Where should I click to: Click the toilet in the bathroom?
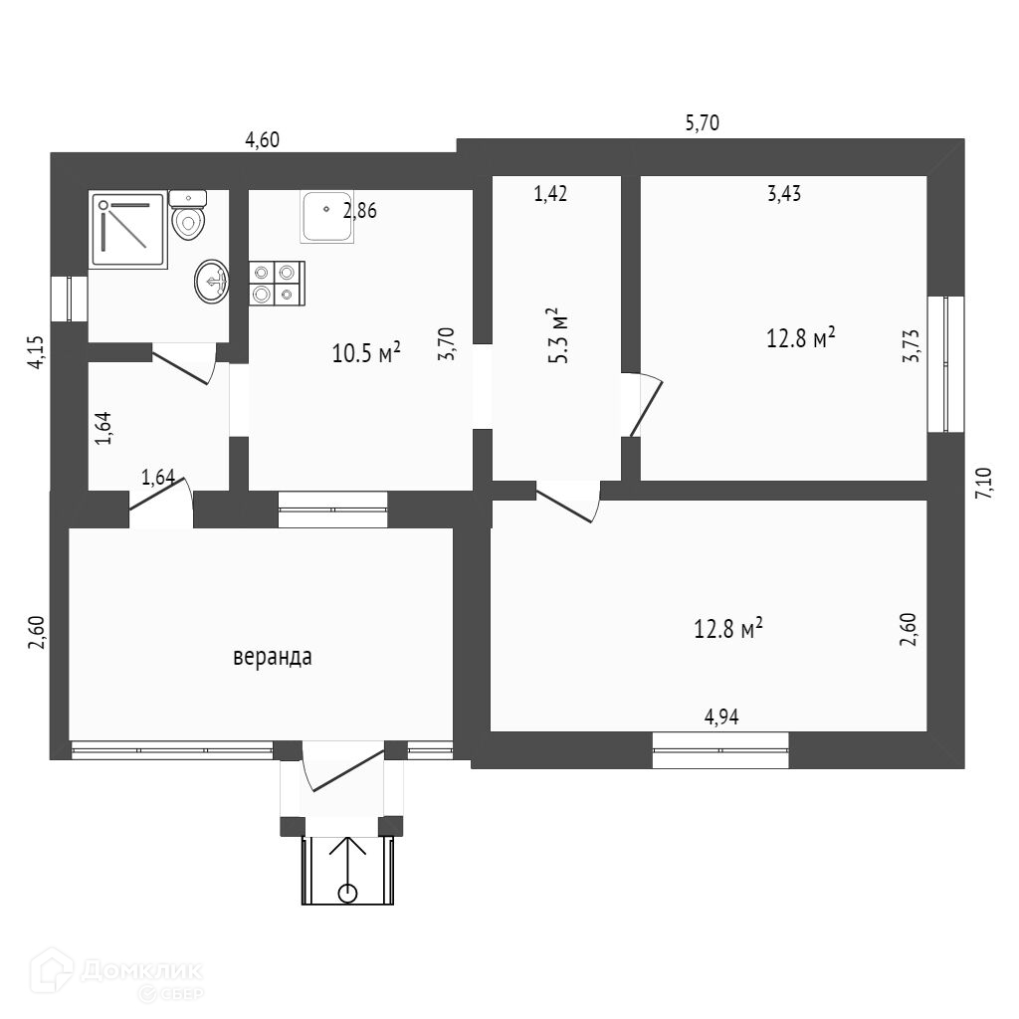coord(188,215)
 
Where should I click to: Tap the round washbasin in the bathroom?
coord(211,282)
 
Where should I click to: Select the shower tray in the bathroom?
coord(128,231)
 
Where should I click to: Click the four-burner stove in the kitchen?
coord(277,284)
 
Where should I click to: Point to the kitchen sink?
coord(326,217)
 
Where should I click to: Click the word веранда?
coord(273,657)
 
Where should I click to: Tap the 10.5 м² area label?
coord(366,352)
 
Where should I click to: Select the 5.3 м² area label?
coord(557,335)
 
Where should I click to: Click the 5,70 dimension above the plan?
coord(702,122)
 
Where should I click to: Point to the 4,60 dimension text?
coord(262,139)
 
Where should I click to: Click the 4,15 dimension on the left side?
coord(36,352)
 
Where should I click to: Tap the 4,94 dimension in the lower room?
coord(721,716)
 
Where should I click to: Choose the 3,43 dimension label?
coord(784,194)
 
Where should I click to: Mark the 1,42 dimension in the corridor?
coord(549,194)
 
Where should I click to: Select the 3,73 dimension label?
coord(912,345)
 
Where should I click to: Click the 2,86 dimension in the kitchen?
coord(359,211)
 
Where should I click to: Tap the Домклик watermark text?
coord(141,971)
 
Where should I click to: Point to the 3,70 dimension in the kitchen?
coord(447,343)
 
